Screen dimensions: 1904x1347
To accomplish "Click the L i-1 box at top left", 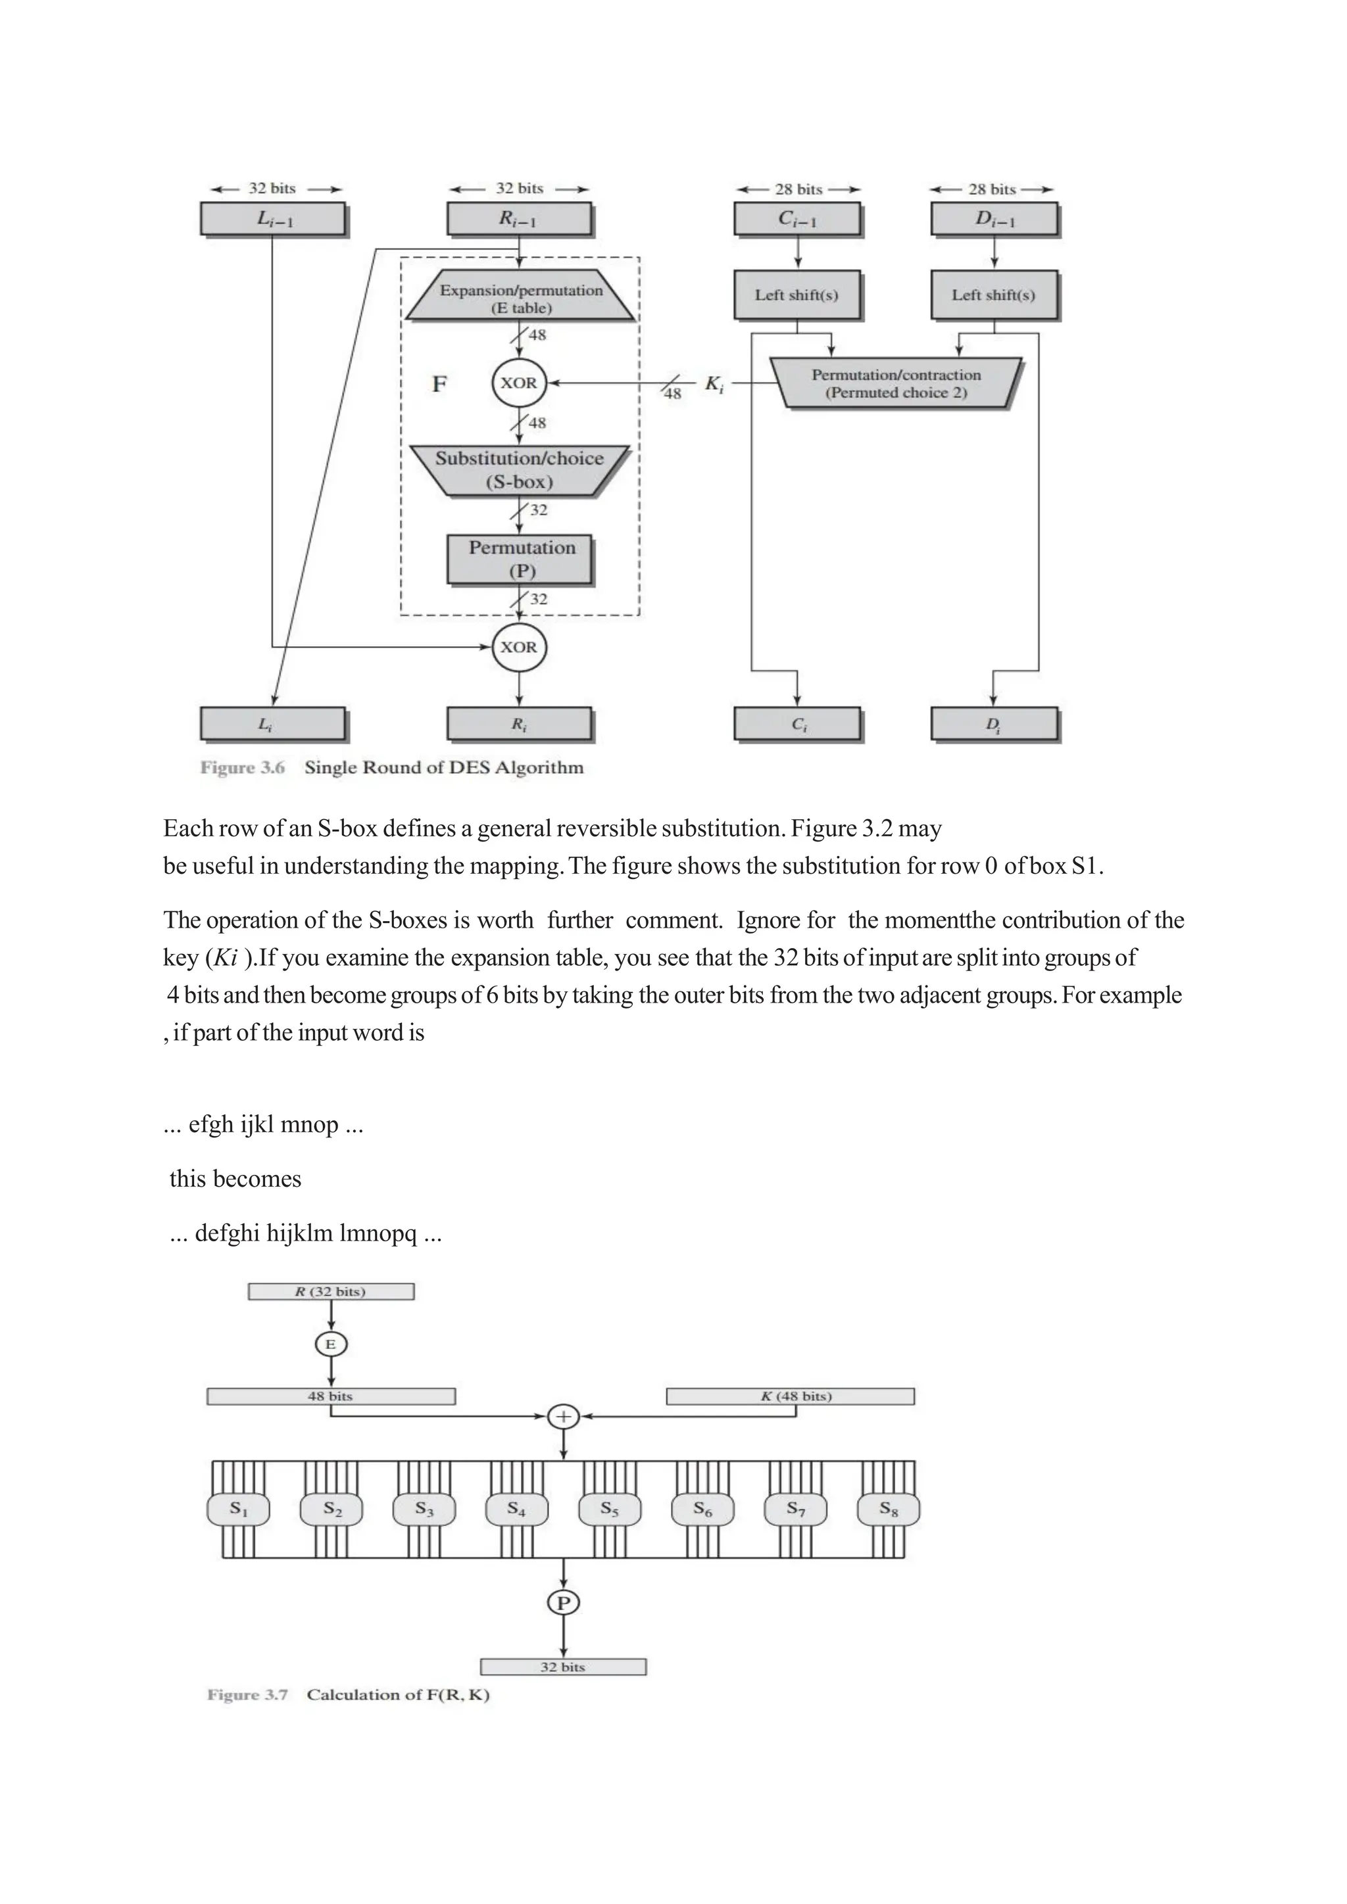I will click(x=272, y=219).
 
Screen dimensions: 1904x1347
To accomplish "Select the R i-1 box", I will click(x=519, y=219).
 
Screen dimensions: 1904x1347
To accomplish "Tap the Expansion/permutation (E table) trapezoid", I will click(x=520, y=298).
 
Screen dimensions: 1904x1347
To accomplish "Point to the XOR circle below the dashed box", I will click(x=519, y=647).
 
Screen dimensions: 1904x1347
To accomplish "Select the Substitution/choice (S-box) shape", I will click(x=519, y=470).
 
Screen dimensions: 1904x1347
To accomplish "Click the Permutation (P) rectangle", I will click(x=520, y=559).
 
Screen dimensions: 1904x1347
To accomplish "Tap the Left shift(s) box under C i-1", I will click(x=797, y=295).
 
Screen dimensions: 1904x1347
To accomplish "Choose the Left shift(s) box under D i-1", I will click(x=994, y=295).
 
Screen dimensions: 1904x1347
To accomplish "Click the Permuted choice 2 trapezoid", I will click(x=896, y=383).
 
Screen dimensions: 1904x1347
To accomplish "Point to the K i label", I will click(x=714, y=384).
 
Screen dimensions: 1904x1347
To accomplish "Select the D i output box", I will click(x=994, y=723).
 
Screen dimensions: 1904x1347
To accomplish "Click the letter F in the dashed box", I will click(x=439, y=384).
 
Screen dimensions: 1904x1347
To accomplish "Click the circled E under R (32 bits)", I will click(x=331, y=1345).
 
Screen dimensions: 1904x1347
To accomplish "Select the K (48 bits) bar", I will click(x=790, y=1396).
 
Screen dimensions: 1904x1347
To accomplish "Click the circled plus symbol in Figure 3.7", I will click(x=563, y=1416).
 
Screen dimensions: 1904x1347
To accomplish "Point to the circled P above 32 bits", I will click(x=563, y=1603).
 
